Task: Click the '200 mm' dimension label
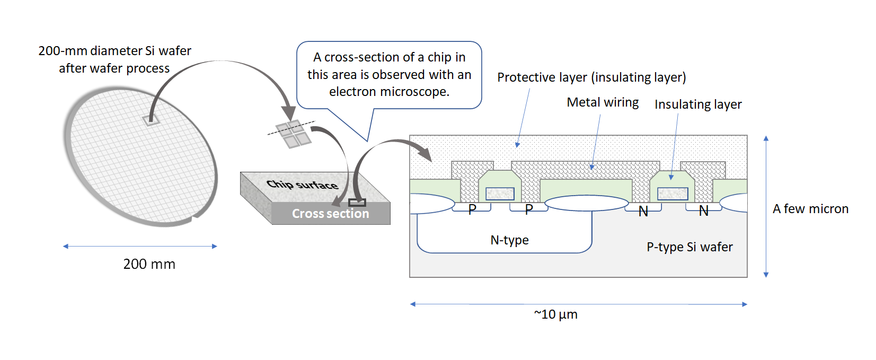point(149,264)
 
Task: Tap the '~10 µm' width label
point(555,314)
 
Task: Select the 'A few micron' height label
point(810,209)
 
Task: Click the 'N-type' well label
point(509,240)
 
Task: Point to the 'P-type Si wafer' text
point(689,247)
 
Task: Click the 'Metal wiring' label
point(603,102)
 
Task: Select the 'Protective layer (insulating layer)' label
point(591,77)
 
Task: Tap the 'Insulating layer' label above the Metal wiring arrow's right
point(698,104)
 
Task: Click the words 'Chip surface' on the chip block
point(302,185)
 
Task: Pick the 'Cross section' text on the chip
point(330,214)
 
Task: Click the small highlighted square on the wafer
point(151,120)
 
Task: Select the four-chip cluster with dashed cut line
point(293,133)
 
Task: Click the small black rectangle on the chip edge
point(357,203)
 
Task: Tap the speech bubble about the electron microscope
point(389,75)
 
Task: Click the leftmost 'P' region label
point(472,209)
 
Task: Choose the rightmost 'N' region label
point(704,211)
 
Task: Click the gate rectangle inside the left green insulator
point(500,194)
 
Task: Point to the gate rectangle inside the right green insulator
point(673,194)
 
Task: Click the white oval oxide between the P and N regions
point(587,203)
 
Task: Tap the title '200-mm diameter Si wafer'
point(114,51)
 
